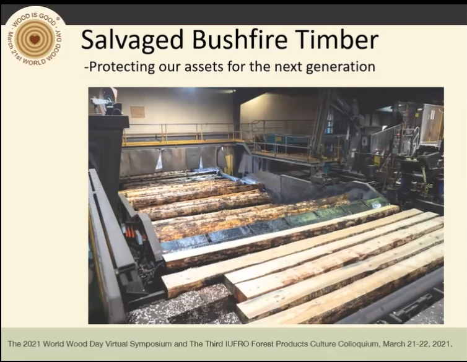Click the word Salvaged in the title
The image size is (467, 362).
pyautogui.click(x=133, y=40)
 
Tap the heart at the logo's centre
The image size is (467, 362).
pyautogui.click(x=35, y=39)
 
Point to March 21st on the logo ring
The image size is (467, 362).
pyautogui.click(x=14, y=45)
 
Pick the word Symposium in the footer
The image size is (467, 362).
pyautogui.click(x=151, y=345)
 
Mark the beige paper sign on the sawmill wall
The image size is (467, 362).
pyautogui.click(x=137, y=112)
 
